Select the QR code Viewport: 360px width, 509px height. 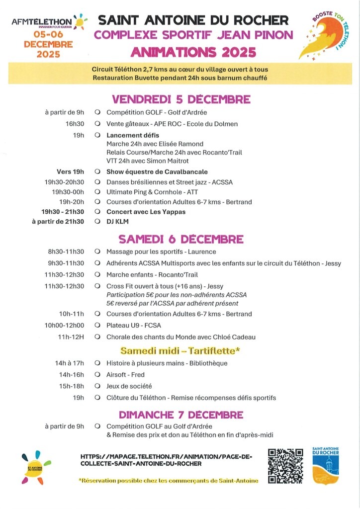[x=285, y=466]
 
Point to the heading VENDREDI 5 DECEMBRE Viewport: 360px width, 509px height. [x=181, y=99]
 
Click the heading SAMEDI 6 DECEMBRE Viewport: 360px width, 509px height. [x=181, y=239]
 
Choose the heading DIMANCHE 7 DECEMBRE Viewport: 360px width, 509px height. [x=181, y=415]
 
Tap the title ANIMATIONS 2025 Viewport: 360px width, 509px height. [x=193, y=52]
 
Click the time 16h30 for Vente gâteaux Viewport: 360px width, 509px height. [x=75, y=124]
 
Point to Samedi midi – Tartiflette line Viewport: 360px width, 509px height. [x=180, y=350]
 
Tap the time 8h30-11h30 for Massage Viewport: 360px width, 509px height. [x=66, y=252]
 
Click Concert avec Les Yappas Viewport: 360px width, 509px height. [x=146, y=212]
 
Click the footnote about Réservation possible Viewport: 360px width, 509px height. [x=169, y=480]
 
